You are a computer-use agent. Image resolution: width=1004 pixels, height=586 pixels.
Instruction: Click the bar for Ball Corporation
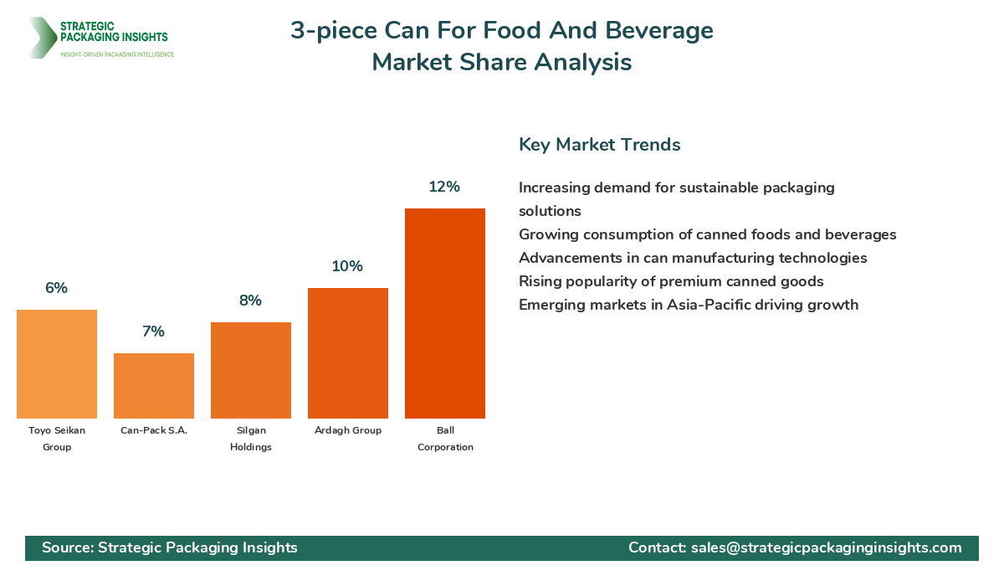444,313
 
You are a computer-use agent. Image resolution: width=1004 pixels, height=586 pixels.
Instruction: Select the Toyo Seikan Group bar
57,364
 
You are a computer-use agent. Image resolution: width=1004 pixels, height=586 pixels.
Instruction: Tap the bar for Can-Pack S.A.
154,386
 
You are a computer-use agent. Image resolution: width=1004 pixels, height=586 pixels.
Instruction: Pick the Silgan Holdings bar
251,370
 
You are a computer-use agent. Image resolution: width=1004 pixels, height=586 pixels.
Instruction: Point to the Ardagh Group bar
348,353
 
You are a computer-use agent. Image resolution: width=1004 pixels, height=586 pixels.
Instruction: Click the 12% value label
444,187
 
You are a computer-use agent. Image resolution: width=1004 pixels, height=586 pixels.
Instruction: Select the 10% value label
347,266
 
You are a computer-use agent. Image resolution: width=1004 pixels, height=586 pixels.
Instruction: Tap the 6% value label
56,288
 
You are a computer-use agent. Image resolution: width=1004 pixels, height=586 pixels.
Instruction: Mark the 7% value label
153,332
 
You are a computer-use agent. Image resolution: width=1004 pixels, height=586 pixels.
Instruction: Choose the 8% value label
250,301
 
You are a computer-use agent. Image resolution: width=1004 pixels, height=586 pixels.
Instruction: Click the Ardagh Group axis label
348,430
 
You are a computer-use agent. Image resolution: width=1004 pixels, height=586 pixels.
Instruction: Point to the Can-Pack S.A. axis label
154,430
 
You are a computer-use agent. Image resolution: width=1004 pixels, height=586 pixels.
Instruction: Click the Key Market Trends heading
599,144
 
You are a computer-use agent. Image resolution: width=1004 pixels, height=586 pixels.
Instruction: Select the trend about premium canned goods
671,281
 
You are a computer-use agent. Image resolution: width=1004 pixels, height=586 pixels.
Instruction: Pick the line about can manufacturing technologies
693,258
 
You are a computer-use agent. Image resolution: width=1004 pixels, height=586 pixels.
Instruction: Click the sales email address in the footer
826,547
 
